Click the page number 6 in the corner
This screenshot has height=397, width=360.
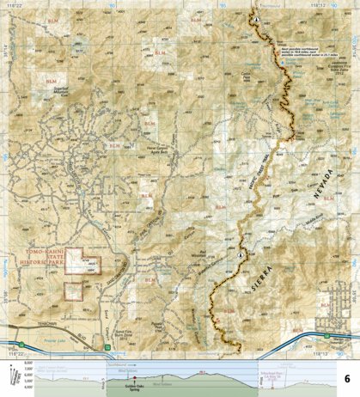pos(346,379)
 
